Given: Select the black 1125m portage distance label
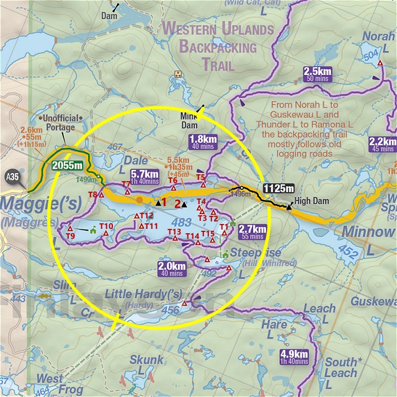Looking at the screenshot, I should coord(279,188).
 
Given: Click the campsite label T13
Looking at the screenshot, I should coord(174,232).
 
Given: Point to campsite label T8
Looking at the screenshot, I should coord(92,195).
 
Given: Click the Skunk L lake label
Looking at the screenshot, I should coord(147,364).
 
